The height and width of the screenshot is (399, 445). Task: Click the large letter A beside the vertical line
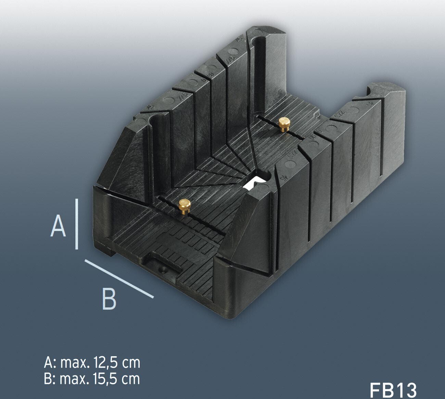point(58,226)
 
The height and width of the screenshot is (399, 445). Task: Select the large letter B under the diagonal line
point(109,298)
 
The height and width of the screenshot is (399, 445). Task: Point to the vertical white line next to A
point(77,224)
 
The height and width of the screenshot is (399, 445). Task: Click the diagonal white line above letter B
point(119,278)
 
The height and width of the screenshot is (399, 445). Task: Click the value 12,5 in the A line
point(104,363)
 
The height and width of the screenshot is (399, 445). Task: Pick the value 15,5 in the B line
point(104,378)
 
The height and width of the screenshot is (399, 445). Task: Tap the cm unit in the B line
point(130,378)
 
